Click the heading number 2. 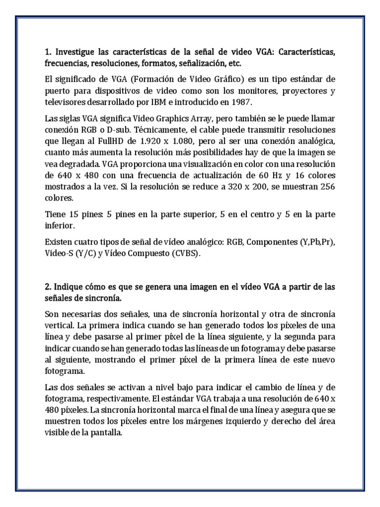[x=47, y=288]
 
